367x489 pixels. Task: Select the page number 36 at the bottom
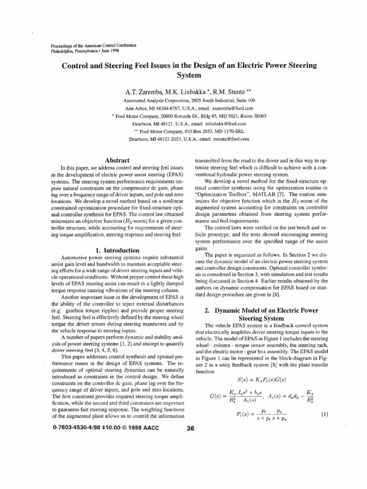click(190, 428)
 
